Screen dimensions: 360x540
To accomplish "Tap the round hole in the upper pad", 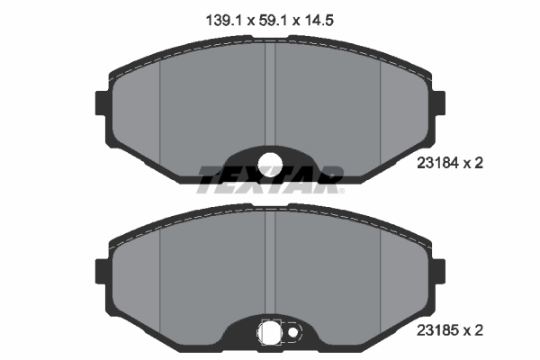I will tap(270, 163).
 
